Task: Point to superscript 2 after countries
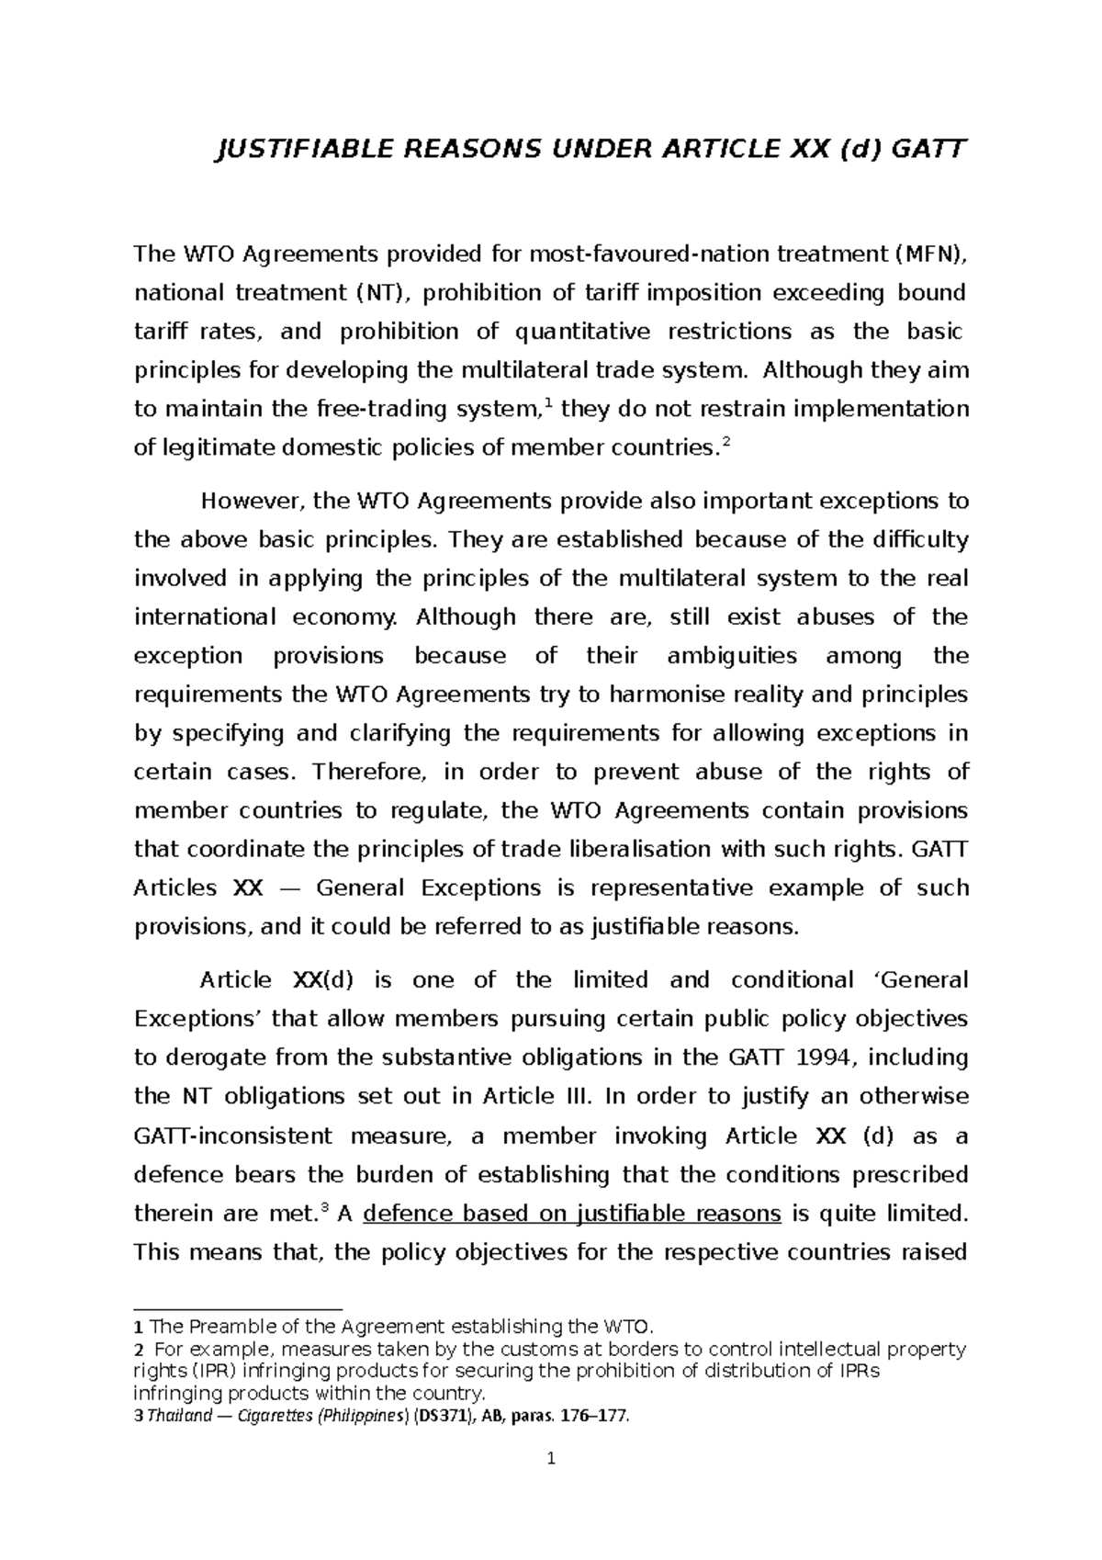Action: pos(726,441)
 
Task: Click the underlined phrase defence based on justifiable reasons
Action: pos(572,1214)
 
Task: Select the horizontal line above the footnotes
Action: pos(238,1308)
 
